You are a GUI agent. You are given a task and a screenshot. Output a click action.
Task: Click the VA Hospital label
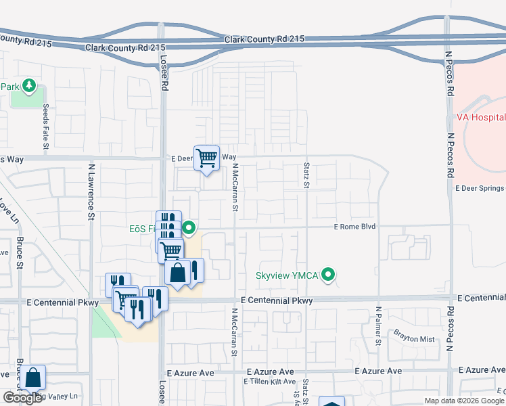click(x=480, y=117)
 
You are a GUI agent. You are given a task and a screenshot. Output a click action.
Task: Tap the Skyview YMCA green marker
click(x=329, y=275)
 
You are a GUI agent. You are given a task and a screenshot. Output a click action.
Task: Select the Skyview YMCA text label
click(x=287, y=276)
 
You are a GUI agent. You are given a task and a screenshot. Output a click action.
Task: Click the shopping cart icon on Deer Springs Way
click(x=207, y=158)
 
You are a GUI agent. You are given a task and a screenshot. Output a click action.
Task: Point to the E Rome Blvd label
click(x=354, y=227)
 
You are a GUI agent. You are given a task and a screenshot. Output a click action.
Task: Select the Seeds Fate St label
click(x=46, y=127)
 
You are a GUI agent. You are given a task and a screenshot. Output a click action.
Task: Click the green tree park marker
click(x=29, y=85)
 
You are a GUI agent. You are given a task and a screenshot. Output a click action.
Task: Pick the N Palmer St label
click(x=378, y=325)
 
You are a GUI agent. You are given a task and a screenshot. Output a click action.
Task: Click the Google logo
click(x=23, y=398)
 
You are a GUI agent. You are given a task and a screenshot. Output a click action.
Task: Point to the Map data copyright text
click(x=464, y=401)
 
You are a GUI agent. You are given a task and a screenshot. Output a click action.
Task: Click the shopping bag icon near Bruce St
click(x=32, y=378)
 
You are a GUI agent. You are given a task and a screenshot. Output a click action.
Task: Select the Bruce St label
click(x=20, y=254)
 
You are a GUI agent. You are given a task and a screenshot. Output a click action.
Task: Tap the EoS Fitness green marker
click(x=190, y=228)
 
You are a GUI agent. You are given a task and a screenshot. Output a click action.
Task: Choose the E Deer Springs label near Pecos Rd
click(x=480, y=188)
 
